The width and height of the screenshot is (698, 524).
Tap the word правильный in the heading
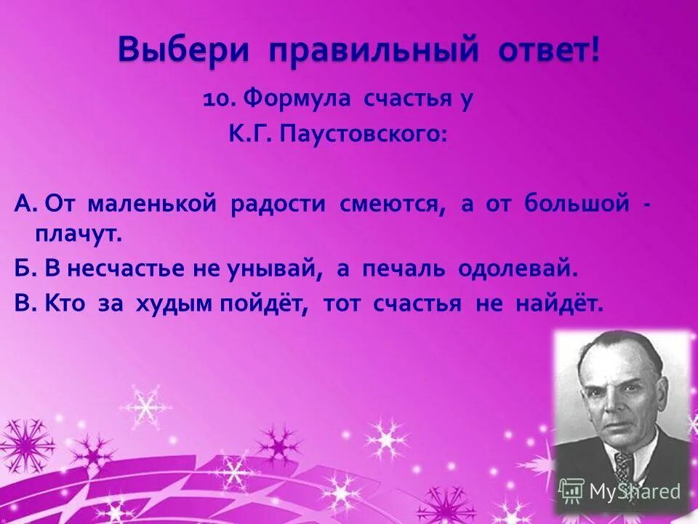pyautogui.click(x=374, y=51)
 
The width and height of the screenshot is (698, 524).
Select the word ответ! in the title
pyautogui.click(x=551, y=51)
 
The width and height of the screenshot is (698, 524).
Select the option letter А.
pyautogui.click(x=23, y=205)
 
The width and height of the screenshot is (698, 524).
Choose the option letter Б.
pyautogui.click(x=22, y=269)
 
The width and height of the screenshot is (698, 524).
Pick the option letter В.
pyautogui.click(x=22, y=303)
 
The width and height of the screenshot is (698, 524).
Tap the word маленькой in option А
pyautogui.click(x=152, y=205)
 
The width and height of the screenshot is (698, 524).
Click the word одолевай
pyautogui.click(x=517, y=269)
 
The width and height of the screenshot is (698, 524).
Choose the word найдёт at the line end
pyautogui.click(x=559, y=303)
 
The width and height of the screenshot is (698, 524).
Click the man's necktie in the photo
pyautogui.click(x=623, y=466)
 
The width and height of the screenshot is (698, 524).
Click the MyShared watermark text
pyautogui.click(x=634, y=491)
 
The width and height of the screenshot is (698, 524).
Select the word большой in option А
pyautogui.click(x=577, y=205)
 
